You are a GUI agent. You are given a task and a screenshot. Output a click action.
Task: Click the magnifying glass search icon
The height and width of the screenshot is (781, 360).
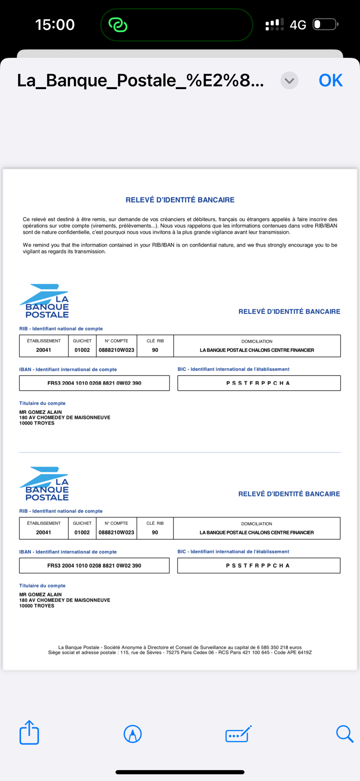345,734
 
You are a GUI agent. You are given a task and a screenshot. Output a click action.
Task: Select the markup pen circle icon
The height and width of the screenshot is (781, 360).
132,734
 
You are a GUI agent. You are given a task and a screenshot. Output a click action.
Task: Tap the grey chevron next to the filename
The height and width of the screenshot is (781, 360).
289,81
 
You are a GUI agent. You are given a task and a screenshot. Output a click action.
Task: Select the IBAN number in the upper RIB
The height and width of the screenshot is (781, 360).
94,383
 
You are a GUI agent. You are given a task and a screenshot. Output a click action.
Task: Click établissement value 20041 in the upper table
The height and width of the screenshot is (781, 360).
44,350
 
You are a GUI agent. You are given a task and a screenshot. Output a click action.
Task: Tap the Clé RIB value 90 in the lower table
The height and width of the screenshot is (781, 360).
155,532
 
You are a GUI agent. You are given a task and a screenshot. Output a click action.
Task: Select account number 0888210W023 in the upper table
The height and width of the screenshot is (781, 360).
116,350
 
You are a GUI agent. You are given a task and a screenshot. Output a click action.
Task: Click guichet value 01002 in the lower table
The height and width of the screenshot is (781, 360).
82,532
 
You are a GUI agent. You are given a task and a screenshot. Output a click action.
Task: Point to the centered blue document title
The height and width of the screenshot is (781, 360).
180,200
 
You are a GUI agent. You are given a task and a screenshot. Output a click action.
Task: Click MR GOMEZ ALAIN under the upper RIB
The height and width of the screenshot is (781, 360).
41,412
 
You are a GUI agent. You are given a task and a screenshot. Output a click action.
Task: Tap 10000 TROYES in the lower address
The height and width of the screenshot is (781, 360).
37,606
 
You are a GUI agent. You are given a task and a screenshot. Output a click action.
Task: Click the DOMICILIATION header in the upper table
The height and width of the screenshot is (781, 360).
257,341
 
